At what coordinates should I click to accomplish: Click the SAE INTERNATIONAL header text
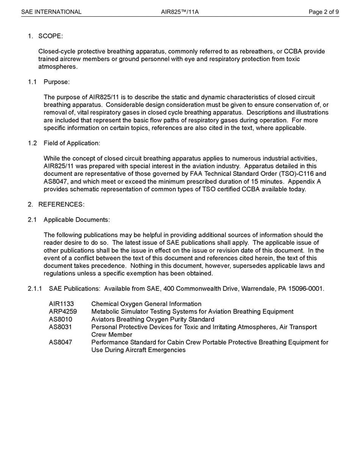click(51, 12)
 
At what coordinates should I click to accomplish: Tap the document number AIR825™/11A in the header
click(180, 12)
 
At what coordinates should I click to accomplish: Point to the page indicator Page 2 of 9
click(324, 12)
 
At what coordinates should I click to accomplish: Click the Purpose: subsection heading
click(56, 82)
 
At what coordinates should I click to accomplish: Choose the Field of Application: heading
click(72, 143)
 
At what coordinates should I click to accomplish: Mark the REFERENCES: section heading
click(61, 204)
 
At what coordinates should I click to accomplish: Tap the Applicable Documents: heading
click(77, 220)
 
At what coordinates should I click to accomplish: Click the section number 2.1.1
click(34, 289)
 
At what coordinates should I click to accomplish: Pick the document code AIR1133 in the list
click(61, 304)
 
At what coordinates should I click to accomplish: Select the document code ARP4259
click(63, 311)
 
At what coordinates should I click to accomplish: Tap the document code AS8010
click(61, 319)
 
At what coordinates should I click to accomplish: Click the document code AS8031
click(61, 327)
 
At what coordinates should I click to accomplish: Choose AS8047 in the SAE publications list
click(61, 342)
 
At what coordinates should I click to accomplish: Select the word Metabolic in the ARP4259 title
click(105, 311)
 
